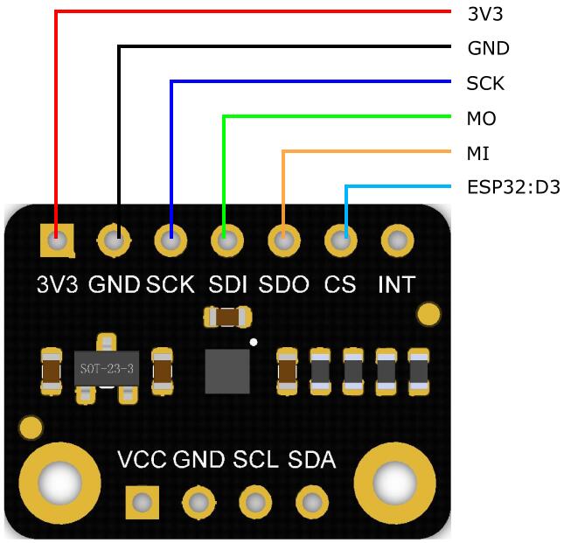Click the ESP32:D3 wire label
point(513,188)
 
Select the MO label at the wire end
point(482,118)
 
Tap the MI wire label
point(478,153)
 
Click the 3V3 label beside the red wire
point(485,13)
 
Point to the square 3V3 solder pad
point(58,238)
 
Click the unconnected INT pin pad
point(397,240)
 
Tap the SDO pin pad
point(283,240)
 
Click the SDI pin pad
point(226,240)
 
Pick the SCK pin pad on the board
point(171,240)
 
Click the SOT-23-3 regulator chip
point(106,369)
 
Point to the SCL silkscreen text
point(255,460)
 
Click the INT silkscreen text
point(396,284)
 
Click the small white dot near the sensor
point(254,341)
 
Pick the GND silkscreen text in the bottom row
point(198,460)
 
